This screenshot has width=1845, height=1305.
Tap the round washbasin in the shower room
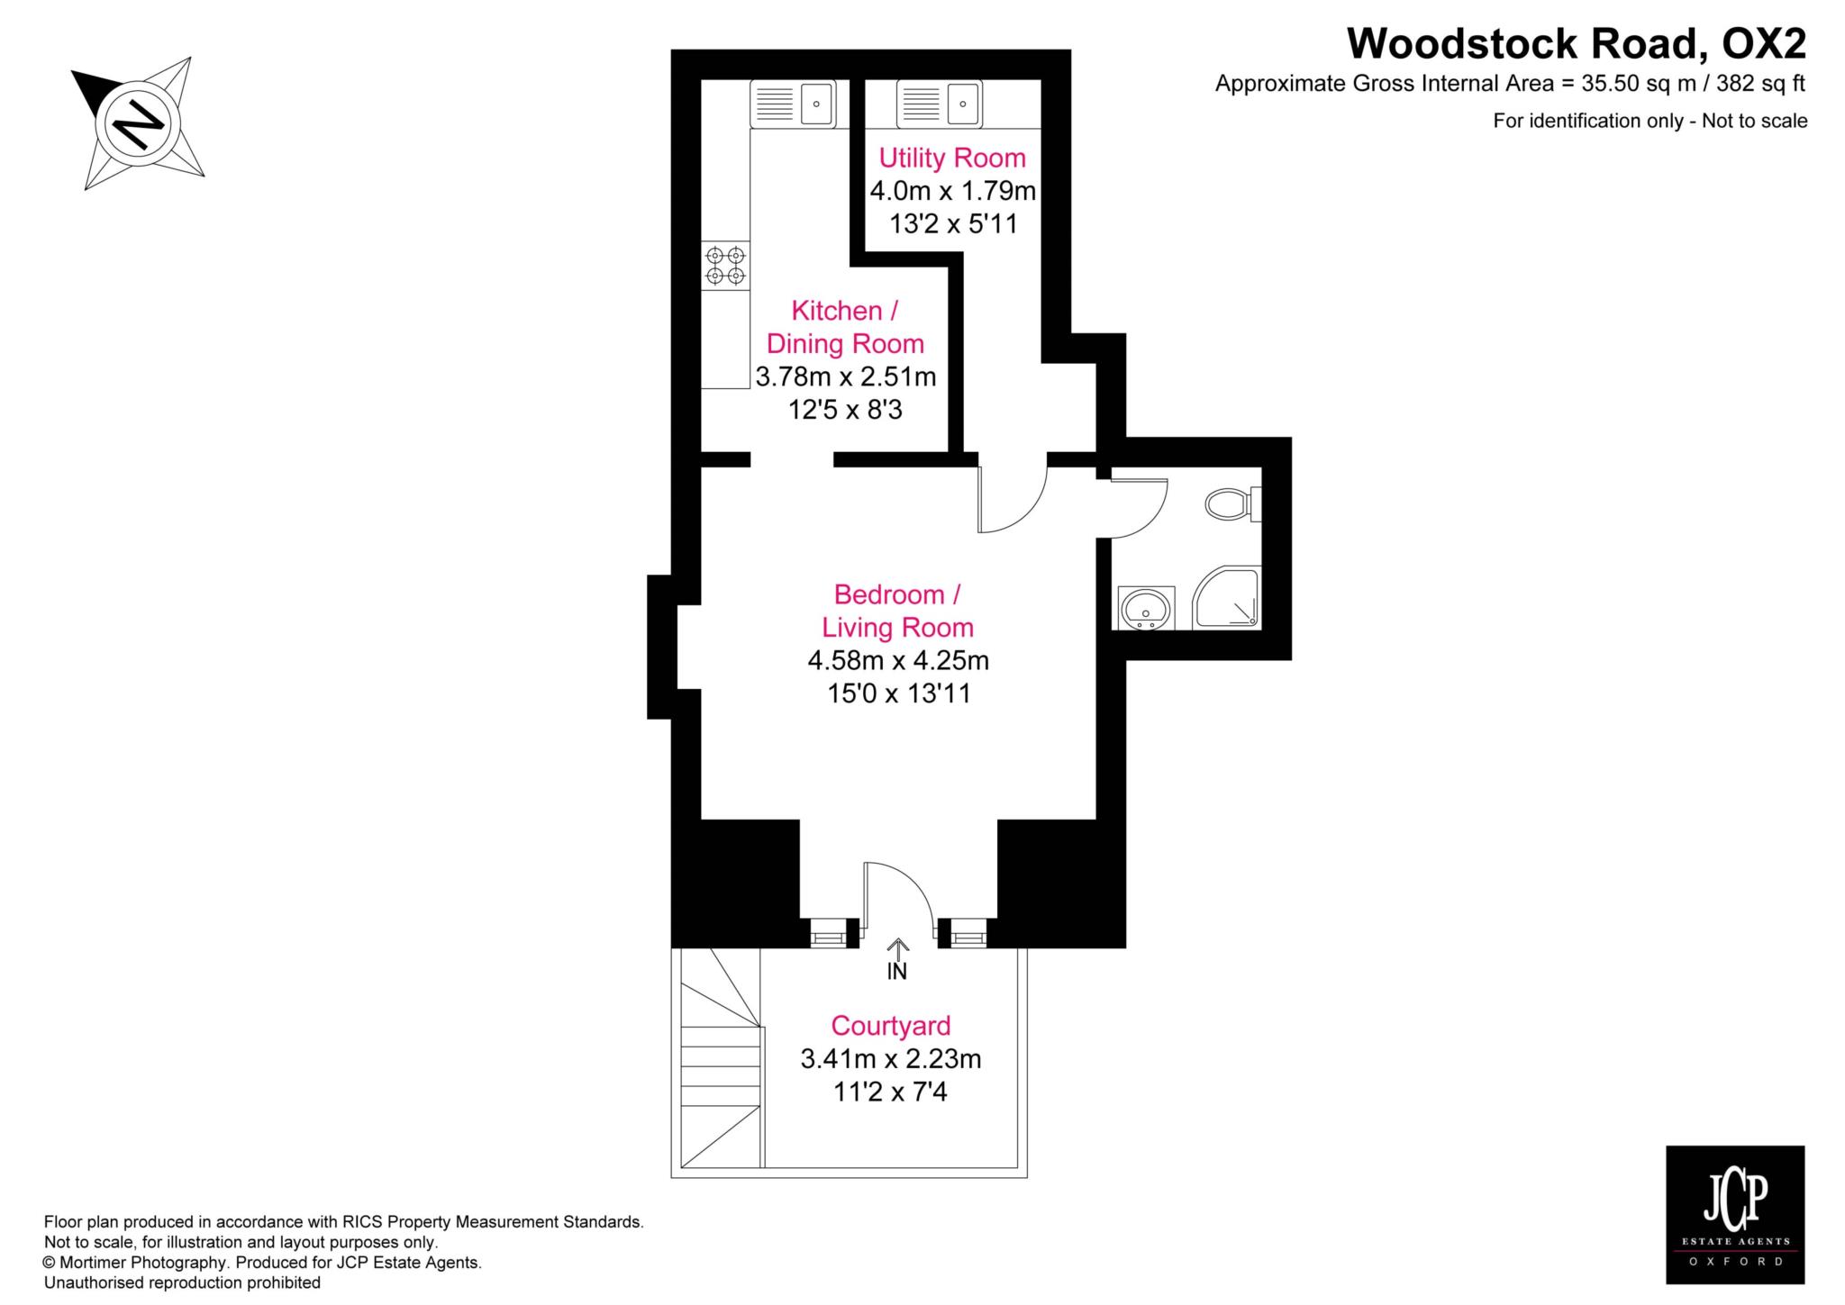[x=1146, y=608]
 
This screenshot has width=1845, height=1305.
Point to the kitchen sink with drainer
[x=793, y=104]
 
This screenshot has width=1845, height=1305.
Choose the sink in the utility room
[x=939, y=104]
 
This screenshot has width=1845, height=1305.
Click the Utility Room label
[x=952, y=159]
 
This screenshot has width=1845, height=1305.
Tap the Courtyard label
[x=891, y=1026]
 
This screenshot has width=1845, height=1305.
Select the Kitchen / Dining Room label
[x=845, y=327]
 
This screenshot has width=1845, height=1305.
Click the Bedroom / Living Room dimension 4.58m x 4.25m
[x=898, y=661]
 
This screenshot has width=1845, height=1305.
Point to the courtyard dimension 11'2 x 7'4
[x=890, y=1092]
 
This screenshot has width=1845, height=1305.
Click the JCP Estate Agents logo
[x=1735, y=1227]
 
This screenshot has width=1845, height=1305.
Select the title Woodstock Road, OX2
[x=1577, y=43]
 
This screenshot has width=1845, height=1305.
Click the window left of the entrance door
[x=828, y=933]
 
